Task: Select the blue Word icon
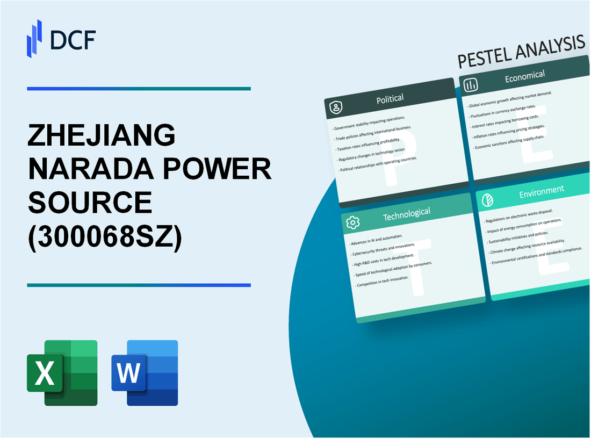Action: pos(145,372)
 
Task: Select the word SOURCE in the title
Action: pos(90,203)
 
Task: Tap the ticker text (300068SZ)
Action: pos(105,238)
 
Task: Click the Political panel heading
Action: pos(390,98)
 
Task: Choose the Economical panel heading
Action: pos(524,76)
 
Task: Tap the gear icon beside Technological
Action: pos(353,222)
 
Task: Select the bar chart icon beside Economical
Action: pos(471,85)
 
